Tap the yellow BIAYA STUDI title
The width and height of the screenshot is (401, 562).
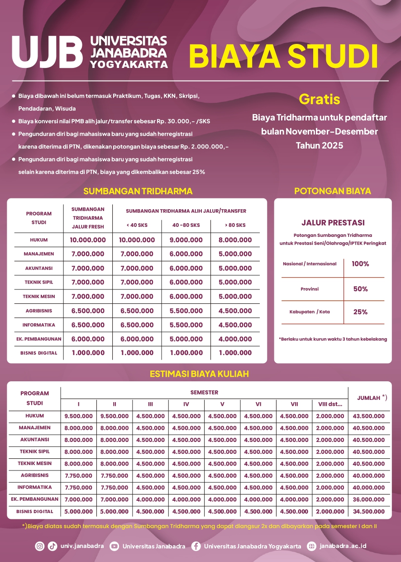point(283,56)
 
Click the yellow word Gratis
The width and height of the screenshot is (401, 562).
point(319,99)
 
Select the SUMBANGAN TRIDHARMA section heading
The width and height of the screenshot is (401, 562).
point(138,191)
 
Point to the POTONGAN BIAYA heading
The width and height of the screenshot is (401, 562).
point(333,191)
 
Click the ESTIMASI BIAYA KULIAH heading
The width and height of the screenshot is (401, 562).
point(199,374)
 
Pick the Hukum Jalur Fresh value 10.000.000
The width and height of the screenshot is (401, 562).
point(88,240)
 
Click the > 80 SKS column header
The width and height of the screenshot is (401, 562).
point(235,225)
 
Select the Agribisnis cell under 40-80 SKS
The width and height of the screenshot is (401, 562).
point(186,311)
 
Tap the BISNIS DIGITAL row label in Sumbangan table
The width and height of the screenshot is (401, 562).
point(39,353)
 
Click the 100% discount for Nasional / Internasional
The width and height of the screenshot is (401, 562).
point(360,264)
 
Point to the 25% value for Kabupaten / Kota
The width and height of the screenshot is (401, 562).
point(360,312)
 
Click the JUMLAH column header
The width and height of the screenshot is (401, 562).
point(369,398)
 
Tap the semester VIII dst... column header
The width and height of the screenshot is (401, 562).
point(330,404)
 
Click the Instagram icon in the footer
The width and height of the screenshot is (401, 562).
point(40,546)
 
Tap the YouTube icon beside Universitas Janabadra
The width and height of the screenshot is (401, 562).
point(114,546)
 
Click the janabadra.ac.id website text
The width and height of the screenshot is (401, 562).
point(343,546)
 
